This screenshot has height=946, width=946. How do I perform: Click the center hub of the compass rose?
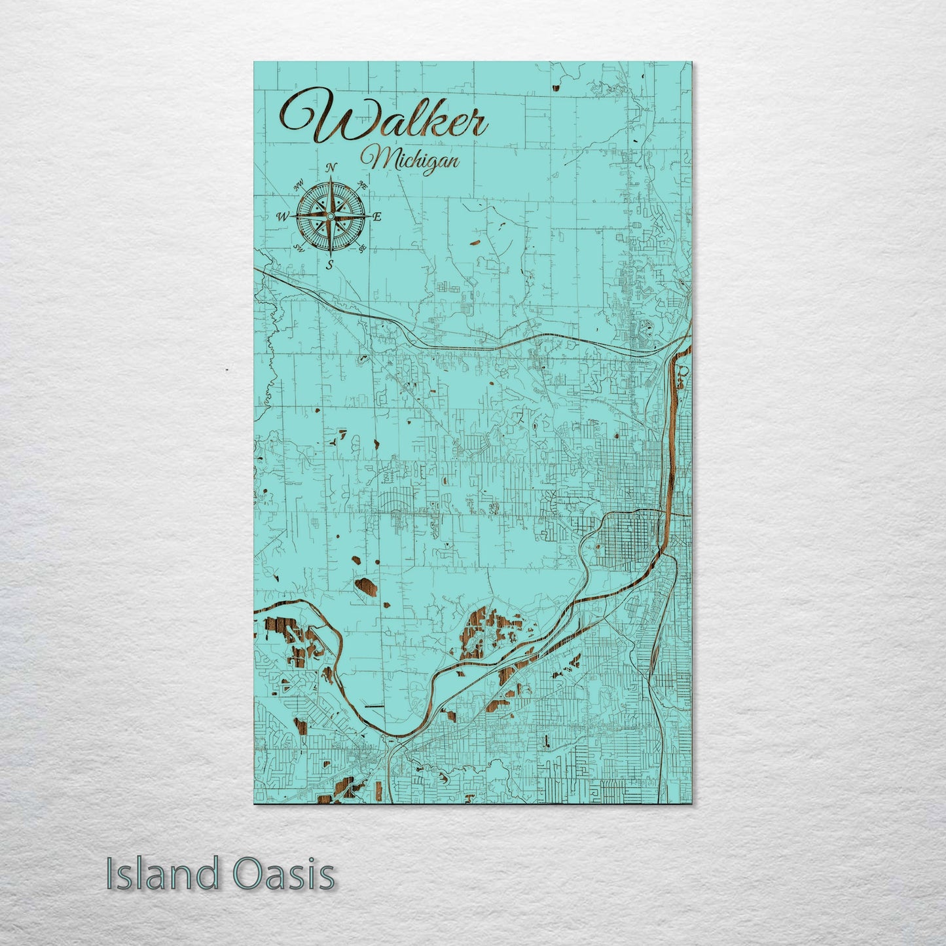click(x=331, y=216)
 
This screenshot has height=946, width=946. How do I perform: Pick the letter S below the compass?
click(x=330, y=264)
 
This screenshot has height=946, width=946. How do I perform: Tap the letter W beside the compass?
click(x=283, y=217)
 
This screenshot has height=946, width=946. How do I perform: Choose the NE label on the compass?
click(x=362, y=185)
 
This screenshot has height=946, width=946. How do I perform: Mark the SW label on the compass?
click(x=299, y=247)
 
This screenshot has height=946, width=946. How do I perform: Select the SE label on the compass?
click(x=362, y=248)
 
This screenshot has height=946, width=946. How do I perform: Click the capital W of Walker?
click(x=313, y=121)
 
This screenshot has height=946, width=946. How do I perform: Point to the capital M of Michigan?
click(x=374, y=158)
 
